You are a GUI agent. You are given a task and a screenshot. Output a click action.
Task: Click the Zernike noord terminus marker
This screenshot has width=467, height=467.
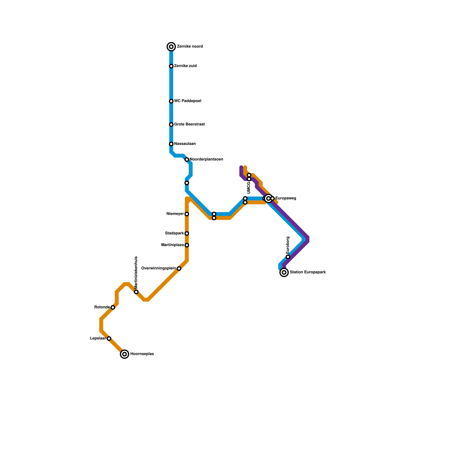[171, 47]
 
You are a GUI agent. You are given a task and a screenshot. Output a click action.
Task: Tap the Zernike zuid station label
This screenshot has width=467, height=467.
[185, 66]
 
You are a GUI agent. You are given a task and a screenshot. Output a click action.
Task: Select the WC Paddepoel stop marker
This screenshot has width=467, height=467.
[171, 101]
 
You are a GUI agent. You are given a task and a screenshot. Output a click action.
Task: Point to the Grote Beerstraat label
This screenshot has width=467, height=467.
[189, 124]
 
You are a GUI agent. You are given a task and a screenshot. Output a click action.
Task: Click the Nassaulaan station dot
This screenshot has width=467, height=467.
[171, 144]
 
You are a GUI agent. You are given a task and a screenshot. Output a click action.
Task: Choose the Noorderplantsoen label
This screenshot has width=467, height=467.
[206, 159]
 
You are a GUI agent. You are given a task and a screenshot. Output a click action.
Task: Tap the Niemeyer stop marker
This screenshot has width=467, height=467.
[187, 214]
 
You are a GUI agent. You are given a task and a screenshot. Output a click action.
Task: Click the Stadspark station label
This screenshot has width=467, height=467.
[174, 233]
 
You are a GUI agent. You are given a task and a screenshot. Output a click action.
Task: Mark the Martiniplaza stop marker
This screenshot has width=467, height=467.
[187, 245]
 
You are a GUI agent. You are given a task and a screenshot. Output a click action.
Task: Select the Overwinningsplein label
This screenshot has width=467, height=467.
[158, 268]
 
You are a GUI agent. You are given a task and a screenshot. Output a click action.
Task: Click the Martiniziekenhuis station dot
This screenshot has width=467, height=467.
[136, 292]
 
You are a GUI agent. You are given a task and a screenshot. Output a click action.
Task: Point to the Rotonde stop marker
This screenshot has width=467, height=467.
[113, 307]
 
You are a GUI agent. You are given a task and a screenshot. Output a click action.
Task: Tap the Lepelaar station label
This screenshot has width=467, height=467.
[98, 338]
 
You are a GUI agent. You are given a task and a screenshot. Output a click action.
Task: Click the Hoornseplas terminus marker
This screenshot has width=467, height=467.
[125, 354]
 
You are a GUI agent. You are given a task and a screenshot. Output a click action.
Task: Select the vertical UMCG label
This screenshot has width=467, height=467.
[249, 188]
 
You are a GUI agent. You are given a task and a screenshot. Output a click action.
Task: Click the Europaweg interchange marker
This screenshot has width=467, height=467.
[269, 198]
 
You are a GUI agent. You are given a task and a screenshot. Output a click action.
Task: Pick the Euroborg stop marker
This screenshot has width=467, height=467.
[288, 257]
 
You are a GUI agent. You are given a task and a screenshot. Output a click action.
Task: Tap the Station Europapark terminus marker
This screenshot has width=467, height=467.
[284, 272]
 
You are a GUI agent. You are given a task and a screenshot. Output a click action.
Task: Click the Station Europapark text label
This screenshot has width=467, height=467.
[308, 272]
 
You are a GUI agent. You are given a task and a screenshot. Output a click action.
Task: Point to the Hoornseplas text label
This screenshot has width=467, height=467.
[142, 354]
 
